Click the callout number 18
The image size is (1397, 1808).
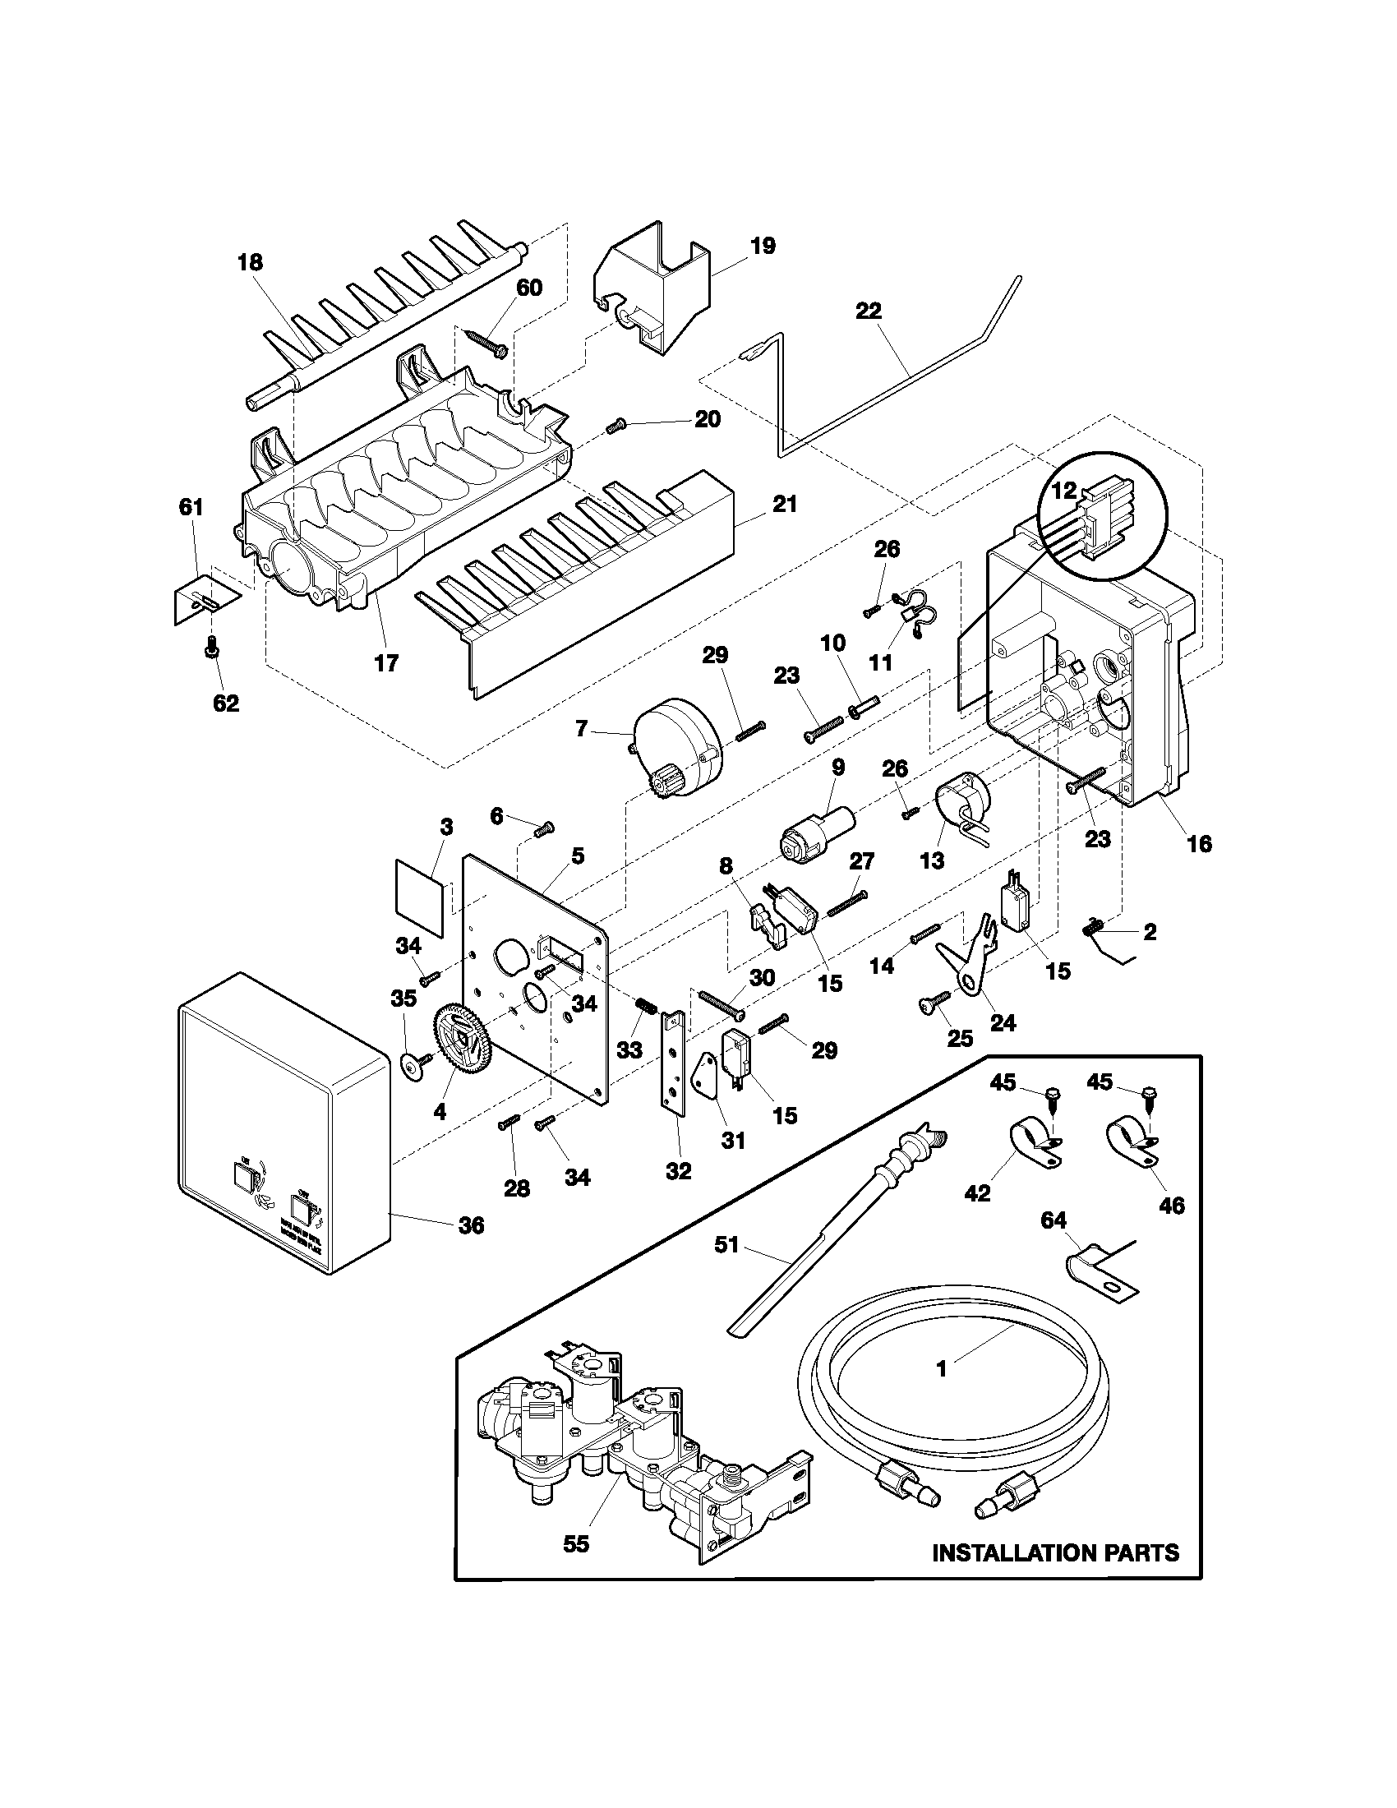(x=250, y=262)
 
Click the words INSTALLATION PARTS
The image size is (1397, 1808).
(x=1055, y=1552)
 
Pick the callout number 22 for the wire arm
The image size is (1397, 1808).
(x=869, y=311)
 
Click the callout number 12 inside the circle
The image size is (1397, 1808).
(x=1064, y=490)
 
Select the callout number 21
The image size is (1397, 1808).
(x=784, y=503)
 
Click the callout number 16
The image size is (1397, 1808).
(x=1199, y=843)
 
